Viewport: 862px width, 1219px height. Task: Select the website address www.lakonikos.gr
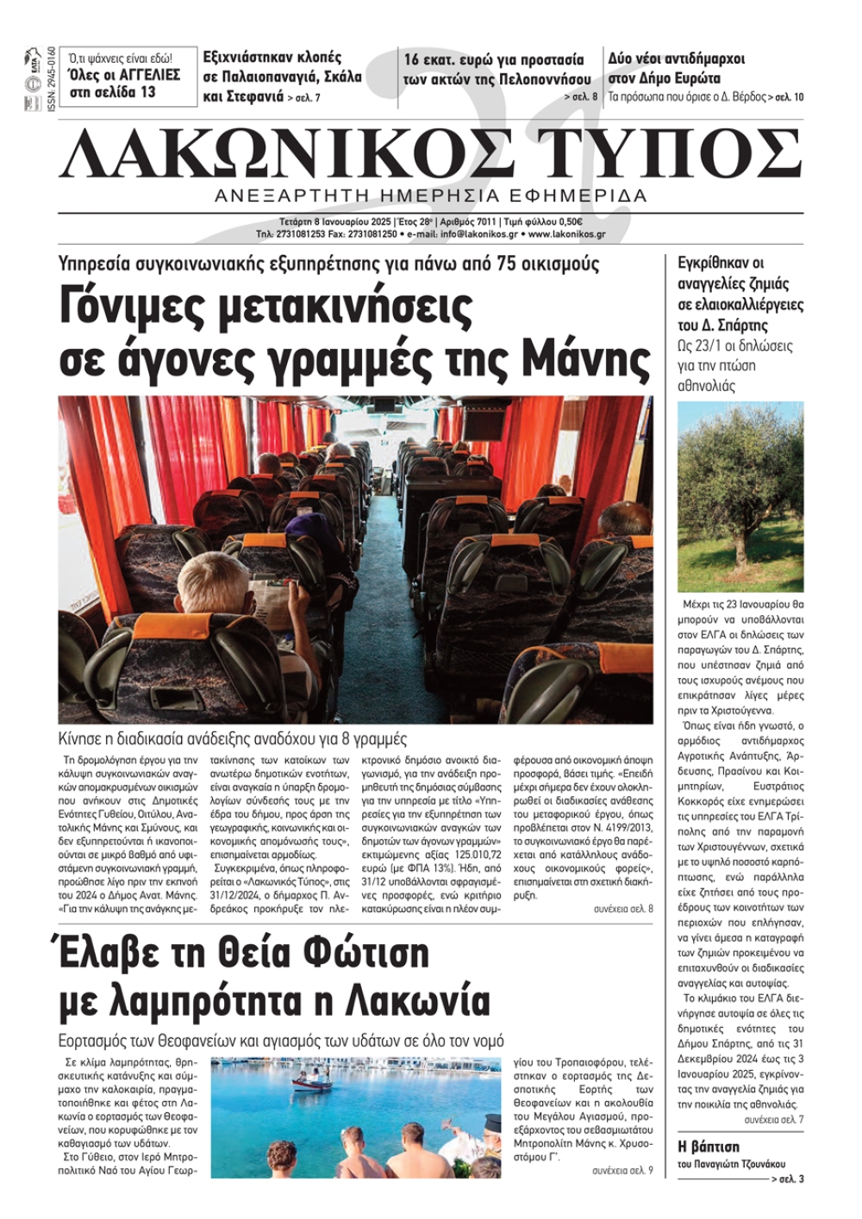[x=566, y=234]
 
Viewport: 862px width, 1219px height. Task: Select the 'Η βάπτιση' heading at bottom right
[x=709, y=1147]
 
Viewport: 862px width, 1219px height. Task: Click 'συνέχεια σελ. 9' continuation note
[x=622, y=1170]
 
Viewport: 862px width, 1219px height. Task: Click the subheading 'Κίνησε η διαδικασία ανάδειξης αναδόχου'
[x=233, y=738]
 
